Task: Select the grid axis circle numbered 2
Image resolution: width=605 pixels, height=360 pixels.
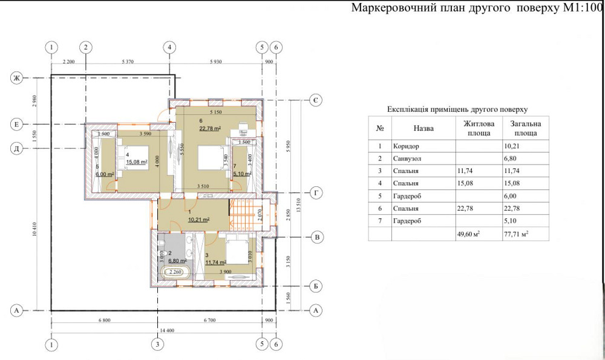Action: point(86,47)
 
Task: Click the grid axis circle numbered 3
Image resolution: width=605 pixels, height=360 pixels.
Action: point(157,344)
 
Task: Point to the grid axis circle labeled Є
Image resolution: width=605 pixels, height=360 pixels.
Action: point(316,100)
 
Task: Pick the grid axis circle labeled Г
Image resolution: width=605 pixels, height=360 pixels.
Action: point(316,193)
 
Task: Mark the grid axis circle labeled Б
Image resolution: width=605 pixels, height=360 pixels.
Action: point(316,285)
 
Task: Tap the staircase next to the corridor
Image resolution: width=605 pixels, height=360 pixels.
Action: point(244,214)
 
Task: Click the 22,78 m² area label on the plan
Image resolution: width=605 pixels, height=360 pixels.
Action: point(209,128)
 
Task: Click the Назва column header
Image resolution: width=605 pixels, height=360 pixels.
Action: point(423,128)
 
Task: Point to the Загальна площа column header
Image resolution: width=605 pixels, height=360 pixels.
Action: point(521,128)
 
